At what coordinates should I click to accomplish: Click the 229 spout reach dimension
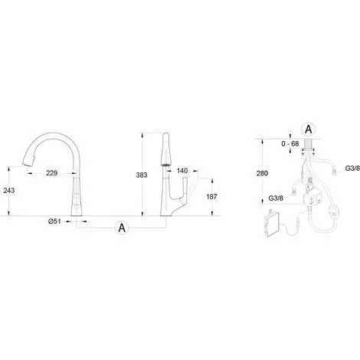point(51,173)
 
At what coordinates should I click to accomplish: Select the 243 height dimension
point(9,190)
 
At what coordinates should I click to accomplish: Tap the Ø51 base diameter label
point(54,221)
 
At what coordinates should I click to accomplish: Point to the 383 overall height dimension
point(142,175)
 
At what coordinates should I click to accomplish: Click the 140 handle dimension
point(182,171)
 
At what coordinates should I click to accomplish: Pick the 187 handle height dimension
point(211,197)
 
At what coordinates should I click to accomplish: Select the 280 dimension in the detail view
point(262,173)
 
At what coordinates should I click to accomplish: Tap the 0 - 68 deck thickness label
point(290,144)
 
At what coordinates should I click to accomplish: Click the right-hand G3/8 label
point(352,169)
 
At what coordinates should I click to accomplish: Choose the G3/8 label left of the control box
point(276,198)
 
